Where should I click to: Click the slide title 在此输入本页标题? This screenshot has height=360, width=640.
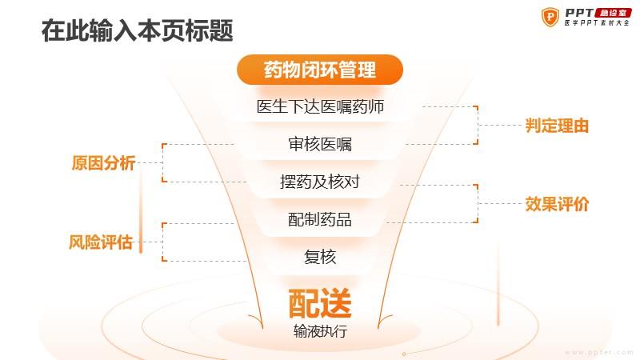(x=138, y=30)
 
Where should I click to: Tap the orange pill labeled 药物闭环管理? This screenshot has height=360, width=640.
(x=320, y=70)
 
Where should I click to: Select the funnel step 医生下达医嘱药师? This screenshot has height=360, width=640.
(x=321, y=106)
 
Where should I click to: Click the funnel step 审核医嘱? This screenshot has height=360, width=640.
(x=320, y=144)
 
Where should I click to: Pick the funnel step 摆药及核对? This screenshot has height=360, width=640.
(x=320, y=182)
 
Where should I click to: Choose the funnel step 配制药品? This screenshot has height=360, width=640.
(x=320, y=219)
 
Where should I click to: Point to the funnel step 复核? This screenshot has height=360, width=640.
(x=320, y=257)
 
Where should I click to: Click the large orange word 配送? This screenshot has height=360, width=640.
(x=320, y=303)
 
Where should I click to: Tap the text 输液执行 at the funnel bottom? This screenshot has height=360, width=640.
(x=320, y=331)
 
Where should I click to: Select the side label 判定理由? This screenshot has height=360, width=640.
(x=557, y=126)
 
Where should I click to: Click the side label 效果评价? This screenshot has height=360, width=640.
(x=557, y=204)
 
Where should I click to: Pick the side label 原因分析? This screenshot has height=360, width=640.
(x=103, y=162)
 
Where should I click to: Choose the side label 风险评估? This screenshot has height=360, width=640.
(x=101, y=242)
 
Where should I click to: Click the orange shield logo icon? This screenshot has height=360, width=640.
(x=550, y=17)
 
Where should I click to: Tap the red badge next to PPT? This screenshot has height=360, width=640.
(x=613, y=13)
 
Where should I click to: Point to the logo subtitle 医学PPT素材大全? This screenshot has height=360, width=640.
(x=597, y=23)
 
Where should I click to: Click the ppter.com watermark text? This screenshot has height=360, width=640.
(x=599, y=352)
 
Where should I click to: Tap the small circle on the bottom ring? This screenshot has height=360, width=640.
(x=404, y=354)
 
